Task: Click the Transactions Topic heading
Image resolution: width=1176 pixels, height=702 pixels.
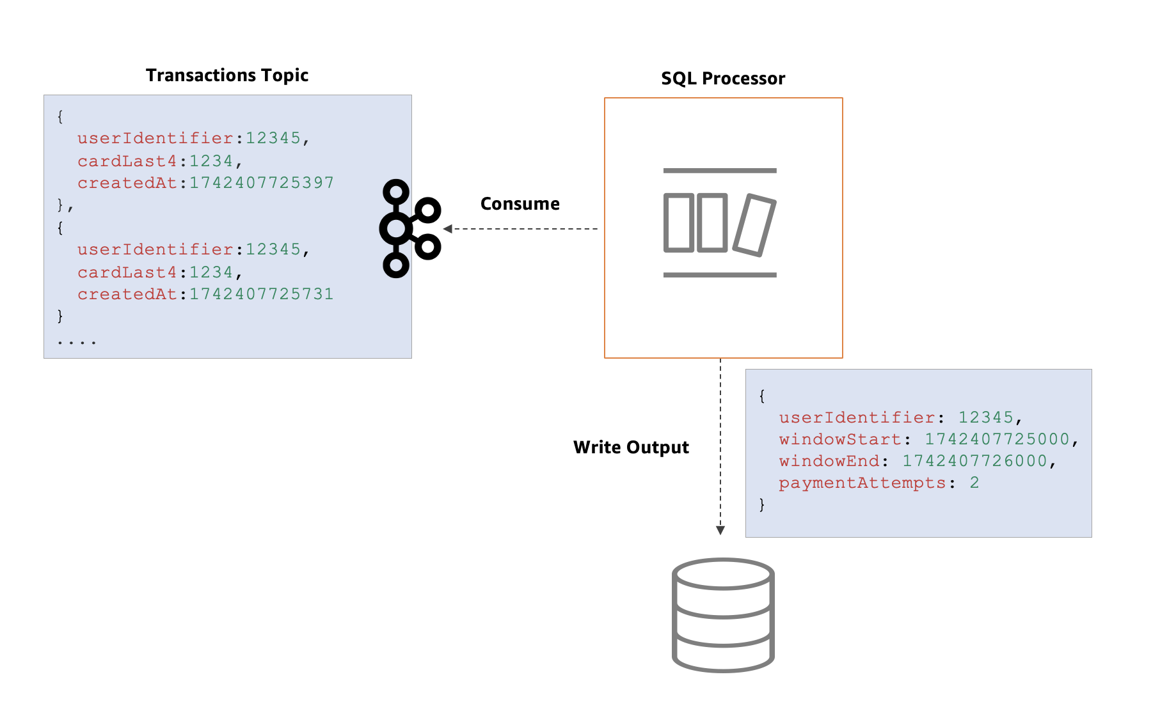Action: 227,75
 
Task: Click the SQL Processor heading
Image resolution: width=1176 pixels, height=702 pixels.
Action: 723,79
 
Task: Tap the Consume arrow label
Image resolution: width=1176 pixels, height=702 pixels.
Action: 520,204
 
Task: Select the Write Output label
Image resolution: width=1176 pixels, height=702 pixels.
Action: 631,448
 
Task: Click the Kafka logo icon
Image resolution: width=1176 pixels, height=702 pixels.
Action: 408,228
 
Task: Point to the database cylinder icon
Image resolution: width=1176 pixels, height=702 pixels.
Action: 723,615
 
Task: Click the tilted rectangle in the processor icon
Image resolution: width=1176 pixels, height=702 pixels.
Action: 754,226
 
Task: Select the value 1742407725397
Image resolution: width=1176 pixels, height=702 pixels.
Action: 261,183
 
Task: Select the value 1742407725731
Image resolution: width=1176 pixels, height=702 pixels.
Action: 261,294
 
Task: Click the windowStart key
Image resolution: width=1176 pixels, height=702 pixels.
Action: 840,439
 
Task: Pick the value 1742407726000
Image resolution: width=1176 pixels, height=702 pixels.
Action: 974,461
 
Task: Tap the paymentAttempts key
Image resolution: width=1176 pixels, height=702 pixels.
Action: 862,483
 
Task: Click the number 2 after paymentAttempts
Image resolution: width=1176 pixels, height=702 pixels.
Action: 974,483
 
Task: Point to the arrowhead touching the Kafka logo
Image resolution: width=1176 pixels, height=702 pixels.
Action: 448,229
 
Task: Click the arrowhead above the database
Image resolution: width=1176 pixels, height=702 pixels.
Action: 720,530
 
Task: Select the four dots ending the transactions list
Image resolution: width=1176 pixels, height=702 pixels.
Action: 77,342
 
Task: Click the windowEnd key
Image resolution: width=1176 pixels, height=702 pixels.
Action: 829,461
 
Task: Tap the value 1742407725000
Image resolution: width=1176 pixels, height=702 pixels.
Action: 997,439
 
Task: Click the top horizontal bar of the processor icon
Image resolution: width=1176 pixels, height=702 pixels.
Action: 720,171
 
